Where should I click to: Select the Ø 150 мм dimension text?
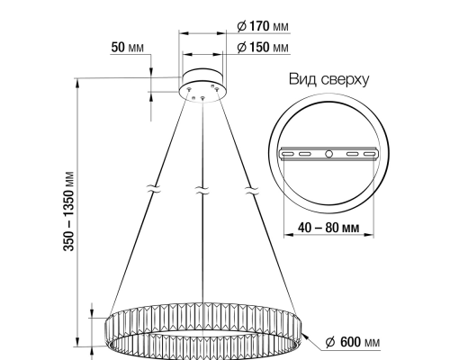[263, 46]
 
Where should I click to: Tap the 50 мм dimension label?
[126, 46]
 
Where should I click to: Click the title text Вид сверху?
[329, 79]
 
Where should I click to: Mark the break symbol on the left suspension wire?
[154, 191]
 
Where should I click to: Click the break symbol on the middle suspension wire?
[202, 191]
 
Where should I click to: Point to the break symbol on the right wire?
[251, 191]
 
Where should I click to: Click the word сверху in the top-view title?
[345, 79]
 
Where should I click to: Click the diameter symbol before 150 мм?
[242, 46]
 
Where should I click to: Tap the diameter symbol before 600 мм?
[328, 343]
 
